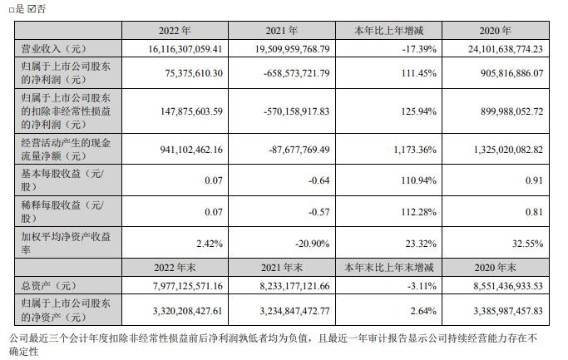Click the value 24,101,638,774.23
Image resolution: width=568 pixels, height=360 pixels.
(498, 49)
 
